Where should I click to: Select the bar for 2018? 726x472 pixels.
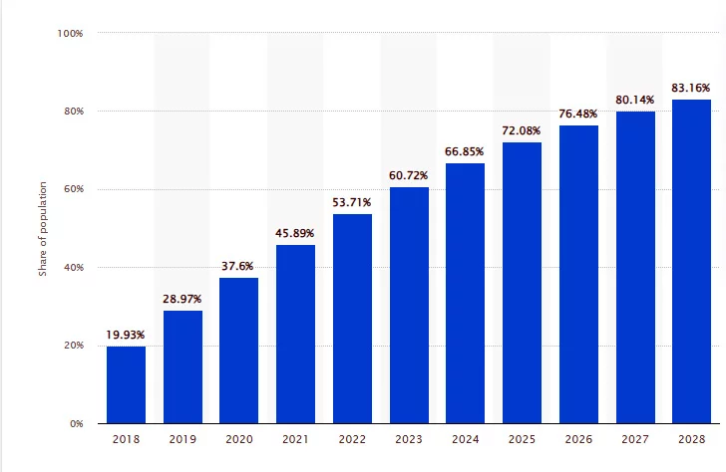point(126,384)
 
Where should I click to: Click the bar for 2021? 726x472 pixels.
point(295,334)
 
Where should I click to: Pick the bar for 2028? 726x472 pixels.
point(691,261)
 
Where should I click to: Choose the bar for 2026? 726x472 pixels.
point(578,274)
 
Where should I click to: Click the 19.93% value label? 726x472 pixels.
point(126,334)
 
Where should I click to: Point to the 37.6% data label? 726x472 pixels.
point(239,265)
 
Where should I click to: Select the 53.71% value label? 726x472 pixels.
point(352,202)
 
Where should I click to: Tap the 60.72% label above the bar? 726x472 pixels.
point(409,175)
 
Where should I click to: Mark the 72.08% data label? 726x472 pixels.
point(522,130)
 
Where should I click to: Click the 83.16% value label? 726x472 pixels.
point(691,88)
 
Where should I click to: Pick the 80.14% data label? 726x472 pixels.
point(635,100)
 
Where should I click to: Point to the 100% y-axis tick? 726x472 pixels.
point(70,33)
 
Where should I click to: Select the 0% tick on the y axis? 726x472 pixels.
point(76,424)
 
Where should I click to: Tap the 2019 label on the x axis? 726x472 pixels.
point(182,439)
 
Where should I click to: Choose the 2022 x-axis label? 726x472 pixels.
point(352,439)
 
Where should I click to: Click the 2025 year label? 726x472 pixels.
point(522,439)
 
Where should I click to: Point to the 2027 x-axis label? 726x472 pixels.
point(635,439)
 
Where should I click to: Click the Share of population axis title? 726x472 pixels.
point(43,228)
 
